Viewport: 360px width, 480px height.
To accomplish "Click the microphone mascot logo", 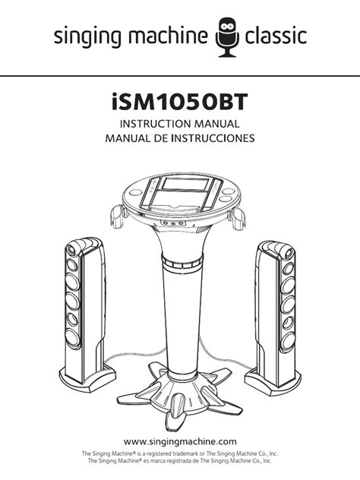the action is coord(227,37).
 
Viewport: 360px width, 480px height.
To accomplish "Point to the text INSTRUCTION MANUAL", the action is coord(180,124).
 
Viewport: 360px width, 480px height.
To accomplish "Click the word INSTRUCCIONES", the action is coord(213,138).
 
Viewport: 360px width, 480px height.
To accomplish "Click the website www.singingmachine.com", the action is coord(180,441).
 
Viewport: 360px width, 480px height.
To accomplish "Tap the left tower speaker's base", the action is coord(87,378).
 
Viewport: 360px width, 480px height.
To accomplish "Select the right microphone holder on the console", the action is coord(237,217).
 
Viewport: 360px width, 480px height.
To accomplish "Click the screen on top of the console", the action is coord(185,184).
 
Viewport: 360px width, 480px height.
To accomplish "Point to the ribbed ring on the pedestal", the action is coord(182,262).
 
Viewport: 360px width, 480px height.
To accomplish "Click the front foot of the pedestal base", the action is coord(177,412).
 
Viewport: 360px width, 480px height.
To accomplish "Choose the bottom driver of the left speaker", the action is coord(73,338).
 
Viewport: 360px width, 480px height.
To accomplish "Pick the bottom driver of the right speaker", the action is coord(288,341).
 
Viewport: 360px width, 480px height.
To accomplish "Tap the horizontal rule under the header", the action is coord(180,75).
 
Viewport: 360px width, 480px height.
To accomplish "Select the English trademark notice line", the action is coord(180,453).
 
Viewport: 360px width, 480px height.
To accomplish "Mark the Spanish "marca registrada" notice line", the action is coord(180,460).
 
